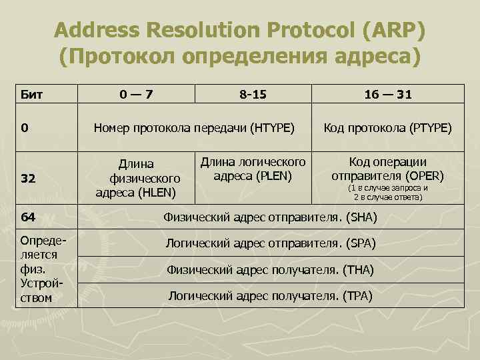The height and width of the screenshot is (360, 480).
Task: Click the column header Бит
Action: (32, 95)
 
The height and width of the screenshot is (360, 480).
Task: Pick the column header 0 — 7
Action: (136, 95)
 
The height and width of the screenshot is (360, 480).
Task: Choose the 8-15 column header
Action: (253, 95)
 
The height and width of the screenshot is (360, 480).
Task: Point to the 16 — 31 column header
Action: (388, 95)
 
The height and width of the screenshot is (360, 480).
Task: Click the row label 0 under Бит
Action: (25, 127)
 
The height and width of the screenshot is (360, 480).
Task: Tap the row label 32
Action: (29, 179)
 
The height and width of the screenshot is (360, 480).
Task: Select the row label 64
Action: (29, 217)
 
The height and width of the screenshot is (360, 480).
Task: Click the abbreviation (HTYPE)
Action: (271, 127)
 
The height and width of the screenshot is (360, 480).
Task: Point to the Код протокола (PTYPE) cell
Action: (387, 127)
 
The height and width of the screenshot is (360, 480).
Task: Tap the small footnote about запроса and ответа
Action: (387, 193)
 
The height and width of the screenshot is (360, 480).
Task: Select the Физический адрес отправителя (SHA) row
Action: (270, 217)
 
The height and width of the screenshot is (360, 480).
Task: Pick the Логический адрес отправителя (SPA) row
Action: (270, 244)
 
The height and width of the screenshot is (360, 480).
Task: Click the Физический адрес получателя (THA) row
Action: (270, 270)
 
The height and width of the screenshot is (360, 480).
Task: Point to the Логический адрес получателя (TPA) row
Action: (270, 295)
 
